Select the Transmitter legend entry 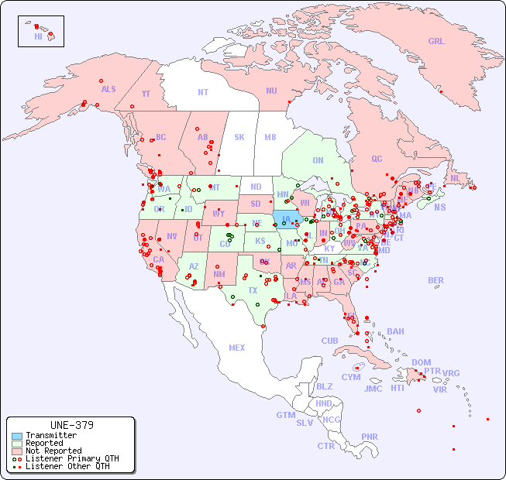(x=50, y=435)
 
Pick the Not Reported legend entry (x=53, y=451)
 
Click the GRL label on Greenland (x=436, y=42)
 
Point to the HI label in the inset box (x=38, y=36)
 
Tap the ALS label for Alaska (x=108, y=89)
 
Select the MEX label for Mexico (x=237, y=348)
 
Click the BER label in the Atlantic (x=436, y=280)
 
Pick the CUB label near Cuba (x=329, y=341)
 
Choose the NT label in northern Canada (x=203, y=91)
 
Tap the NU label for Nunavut (x=271, y=91)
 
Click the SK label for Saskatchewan (x=239, y=137)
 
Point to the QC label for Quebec (x=377, y=159)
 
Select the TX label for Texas (x=253, y=290)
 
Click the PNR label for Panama (x=370, y=437)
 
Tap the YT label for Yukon (x=146, y=93)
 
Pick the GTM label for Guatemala (x=285, y=415)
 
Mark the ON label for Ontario (x=318, y=160)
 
